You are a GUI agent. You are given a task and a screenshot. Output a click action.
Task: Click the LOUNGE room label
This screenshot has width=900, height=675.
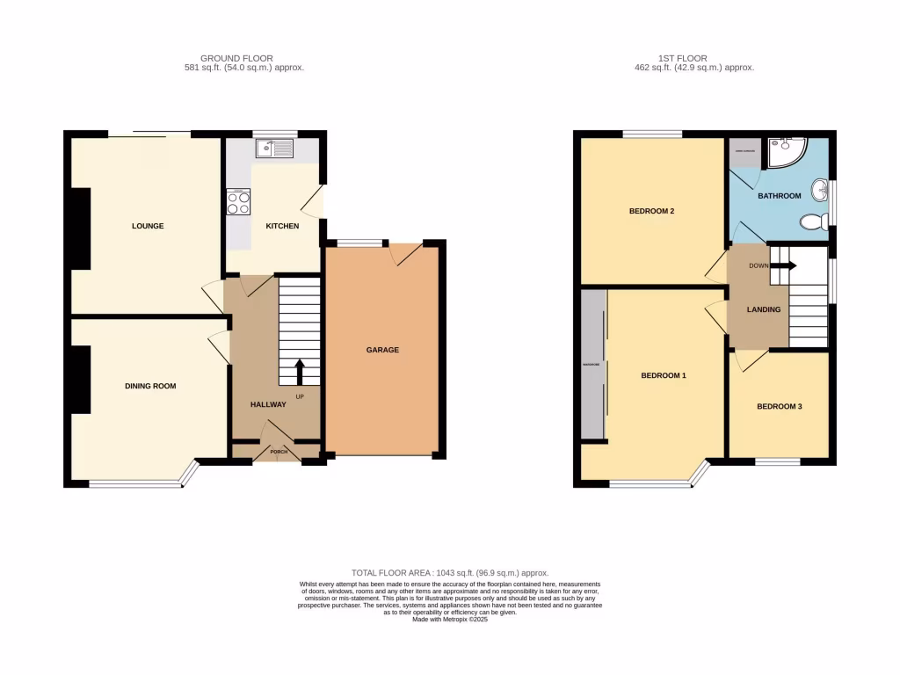(x=148, y=226)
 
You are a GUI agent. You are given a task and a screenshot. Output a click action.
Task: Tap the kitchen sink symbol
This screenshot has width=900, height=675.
(x=274, y=149)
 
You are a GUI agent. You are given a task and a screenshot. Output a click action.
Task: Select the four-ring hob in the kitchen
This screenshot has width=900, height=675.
(x=238, y=203)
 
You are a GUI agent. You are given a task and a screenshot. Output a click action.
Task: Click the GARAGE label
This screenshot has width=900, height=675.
(x=382, y=350)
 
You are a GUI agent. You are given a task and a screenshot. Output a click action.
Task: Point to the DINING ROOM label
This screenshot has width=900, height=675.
(x=150, y=386)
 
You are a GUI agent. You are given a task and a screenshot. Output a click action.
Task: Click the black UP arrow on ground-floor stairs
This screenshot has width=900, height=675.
(x=299, y=371)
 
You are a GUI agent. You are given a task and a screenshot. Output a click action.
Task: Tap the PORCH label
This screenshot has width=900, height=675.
(x=279, y=453)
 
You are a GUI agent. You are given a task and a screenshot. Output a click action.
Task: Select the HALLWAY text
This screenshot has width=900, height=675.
(x=268, y=404)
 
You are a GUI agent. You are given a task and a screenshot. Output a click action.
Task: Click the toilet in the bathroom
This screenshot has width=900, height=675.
(x=813, y=221)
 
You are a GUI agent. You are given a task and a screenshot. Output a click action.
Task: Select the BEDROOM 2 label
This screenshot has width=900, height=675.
(x=651, y=211)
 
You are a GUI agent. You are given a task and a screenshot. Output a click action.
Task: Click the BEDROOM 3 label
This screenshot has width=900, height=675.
(x=779, y=406)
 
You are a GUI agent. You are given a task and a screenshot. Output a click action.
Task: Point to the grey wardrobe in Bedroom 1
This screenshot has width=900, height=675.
(x=593, y=364)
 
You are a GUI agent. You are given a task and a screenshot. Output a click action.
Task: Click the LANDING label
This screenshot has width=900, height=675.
(x=764, y=310)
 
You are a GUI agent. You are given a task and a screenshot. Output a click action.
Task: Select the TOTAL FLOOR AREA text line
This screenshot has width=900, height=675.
(x=449, y=572)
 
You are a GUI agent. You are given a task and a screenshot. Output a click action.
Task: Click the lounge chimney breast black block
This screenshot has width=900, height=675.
(x=80, y=229)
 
